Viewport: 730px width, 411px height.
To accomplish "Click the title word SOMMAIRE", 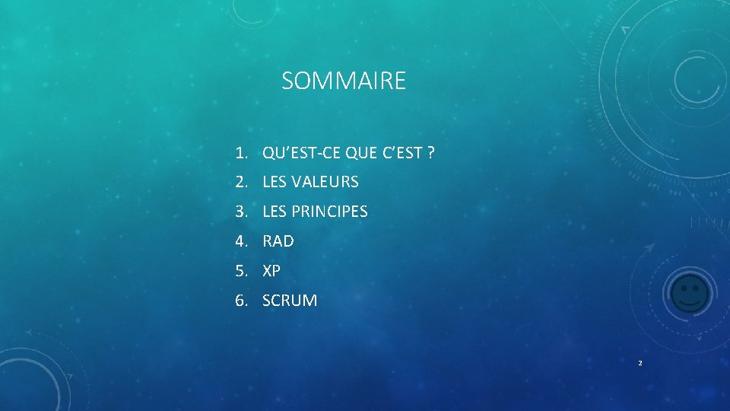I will pyautogui.click(x=344, y=81).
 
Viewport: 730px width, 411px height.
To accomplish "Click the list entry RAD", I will pyautogui.click(x=278, y=241).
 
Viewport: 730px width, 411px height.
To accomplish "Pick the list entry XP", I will pyautogui.click(x=271, y=271).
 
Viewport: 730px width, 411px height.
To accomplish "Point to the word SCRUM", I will pyautogui.click(x=290, y=301).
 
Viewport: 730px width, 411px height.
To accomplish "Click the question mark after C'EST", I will pyautogui.click(x=431, y=153).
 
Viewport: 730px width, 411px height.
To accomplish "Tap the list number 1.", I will pyautogui.click(x=240, y=153).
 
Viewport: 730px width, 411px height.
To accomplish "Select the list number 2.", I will pyautogui.click(x=240, y=183).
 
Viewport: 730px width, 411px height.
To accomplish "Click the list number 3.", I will pyautogui.click(x=240, y=212).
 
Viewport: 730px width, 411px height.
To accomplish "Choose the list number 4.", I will pyautogui.click(x=240, y=241).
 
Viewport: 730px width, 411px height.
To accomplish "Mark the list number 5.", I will pyautogui.click(x=240, y=271).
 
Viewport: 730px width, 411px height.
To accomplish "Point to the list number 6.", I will pyautogui.click(x=240, y=301).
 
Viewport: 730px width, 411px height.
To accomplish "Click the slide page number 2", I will pyautogui.click(x=640, y=363).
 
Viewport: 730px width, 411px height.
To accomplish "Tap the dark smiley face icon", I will pyautogui.click(x=690, y=293).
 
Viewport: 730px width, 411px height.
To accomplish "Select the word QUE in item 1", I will pyautogui.click(x=360, y=153).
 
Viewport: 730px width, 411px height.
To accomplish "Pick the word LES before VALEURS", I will pyautogui.click(x=275, y=183).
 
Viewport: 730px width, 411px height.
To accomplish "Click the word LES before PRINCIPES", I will pyautogui.click(x=275, y=212).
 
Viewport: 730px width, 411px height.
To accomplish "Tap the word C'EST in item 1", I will pyautogui.click(x=401, y=153).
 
